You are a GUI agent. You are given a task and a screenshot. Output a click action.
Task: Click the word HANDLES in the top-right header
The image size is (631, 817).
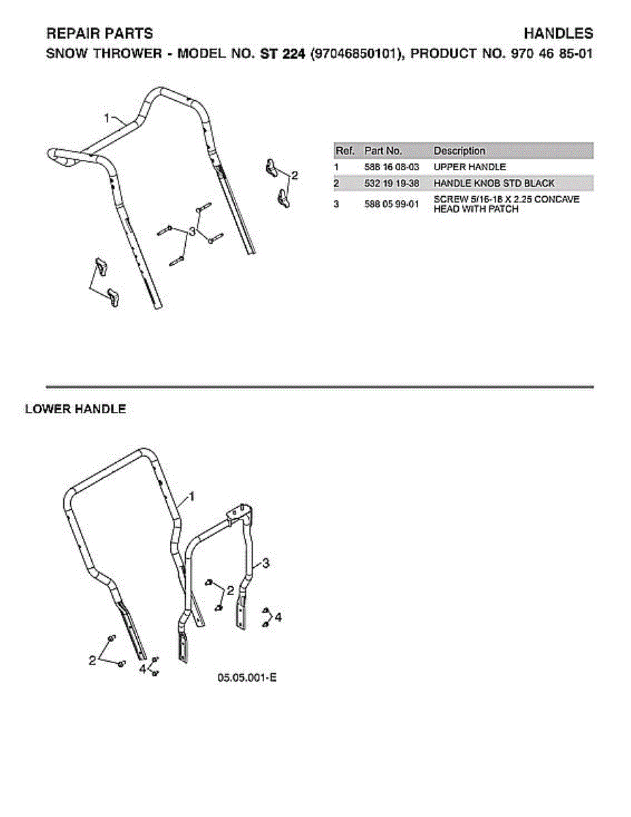click(558, 34)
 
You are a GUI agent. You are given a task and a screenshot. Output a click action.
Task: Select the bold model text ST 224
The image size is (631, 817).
click(282, 54)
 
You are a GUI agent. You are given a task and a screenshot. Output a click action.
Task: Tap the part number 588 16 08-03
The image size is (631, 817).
click(391, 167)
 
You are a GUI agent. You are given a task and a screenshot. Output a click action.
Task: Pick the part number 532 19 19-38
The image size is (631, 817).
click(391, 183)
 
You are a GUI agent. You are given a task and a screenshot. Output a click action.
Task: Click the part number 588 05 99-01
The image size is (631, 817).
click(391, 204)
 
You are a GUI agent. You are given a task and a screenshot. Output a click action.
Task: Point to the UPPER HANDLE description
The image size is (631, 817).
click(470, 167)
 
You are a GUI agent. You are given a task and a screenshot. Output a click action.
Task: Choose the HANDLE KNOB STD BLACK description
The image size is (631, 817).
click(494, 183)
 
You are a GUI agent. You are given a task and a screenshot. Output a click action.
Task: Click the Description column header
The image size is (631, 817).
click(459, 150)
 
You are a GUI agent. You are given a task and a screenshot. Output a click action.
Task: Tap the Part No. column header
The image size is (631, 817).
click(383, 150)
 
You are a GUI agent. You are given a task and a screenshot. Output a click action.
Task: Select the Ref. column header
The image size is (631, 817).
click(345, 150)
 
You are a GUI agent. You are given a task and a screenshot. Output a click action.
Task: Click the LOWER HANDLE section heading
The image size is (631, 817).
click(76, 409)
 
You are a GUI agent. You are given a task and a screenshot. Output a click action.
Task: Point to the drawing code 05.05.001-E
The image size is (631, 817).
click(247, 678)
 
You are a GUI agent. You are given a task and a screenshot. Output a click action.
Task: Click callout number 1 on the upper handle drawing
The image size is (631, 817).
click(107, 118)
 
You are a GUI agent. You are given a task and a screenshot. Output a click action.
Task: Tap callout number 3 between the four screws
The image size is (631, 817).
click(192, 231)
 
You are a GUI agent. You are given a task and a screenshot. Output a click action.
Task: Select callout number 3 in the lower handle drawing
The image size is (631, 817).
click(265, 563)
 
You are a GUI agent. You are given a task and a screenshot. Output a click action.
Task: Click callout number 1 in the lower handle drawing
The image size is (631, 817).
click(192, 497)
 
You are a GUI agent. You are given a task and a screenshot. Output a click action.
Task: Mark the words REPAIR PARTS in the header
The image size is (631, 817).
click(99, 34)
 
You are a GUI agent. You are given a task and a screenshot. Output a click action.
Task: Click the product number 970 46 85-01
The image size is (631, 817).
click(552, 54)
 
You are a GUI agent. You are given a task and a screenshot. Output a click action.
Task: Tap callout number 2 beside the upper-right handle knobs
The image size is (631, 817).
click(295, 176)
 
